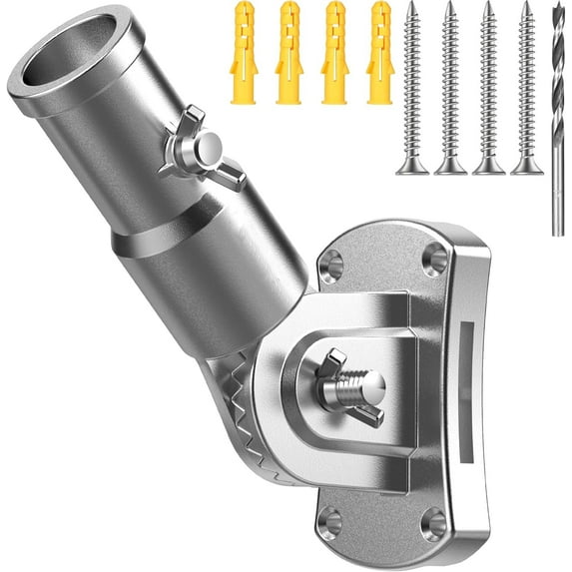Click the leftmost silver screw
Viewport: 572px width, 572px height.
[412, 85]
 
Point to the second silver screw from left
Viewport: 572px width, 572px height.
[450, 85]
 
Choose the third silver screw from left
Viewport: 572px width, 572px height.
[489, 85]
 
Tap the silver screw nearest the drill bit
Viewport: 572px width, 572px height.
[527, 85]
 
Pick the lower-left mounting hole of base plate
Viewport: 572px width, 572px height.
[329, 520]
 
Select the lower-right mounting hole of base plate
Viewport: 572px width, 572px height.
[434, 525]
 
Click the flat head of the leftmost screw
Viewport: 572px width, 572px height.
[412, 166]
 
